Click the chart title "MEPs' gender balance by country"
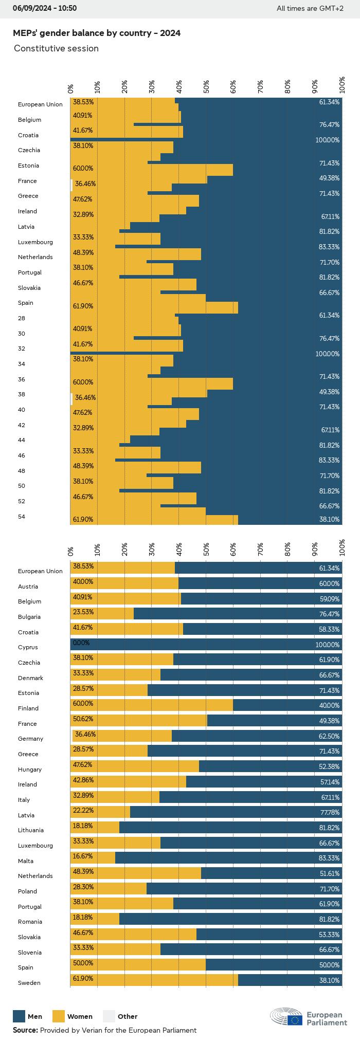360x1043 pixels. pyautogui.click(x=96, y=33)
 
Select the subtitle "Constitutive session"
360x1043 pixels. pyautogui.click(x=56, y=49)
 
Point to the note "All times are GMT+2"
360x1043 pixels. pyautogui.click(x=310, y=8)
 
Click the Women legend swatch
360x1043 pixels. pyautogui.click(x=59, y=1016)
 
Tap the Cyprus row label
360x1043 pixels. pyautogui.click(x=28, y=647)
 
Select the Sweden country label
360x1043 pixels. pyautogui.click(x=29, y=983)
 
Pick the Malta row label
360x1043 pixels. pyautogui.click(x=26, y=861)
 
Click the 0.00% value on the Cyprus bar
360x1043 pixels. pyautogui.click(x=81, y=643)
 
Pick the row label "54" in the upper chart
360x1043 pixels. pyautogui.click(x=21, y=517)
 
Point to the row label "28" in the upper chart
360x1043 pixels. pyautogui.click(x=21, y=318)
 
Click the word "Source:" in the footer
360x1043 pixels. pyautogui.click(x=25, y=1030)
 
